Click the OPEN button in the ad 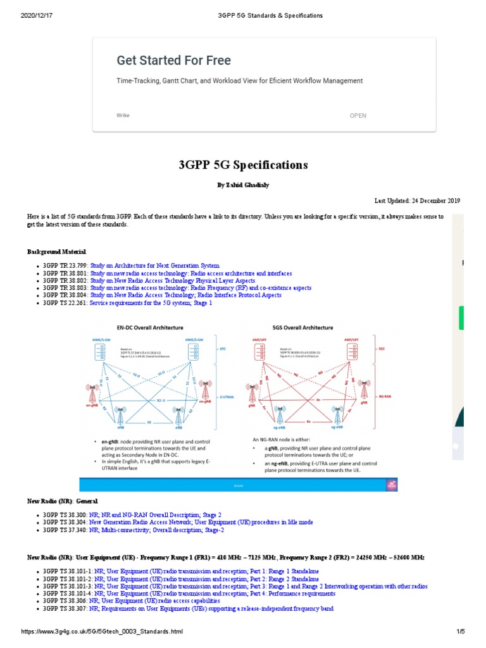point(358,116)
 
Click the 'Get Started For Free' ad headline point(173,61)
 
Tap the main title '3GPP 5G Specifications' point(243,165)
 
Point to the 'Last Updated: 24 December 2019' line point(417,201)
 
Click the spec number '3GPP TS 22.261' point(65,303)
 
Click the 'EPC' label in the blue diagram point(222,348)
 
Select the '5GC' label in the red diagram point(382,348)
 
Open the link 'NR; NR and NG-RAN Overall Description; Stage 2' point(155,516)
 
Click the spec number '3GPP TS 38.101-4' point(67,594)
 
